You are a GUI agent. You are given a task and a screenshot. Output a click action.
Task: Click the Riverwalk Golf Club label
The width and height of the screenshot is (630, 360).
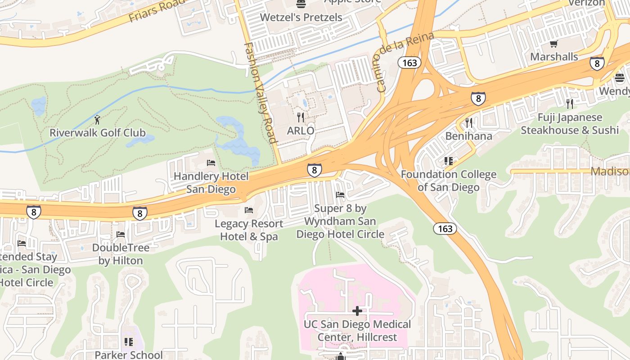pyautogui.click(x=98, y=133)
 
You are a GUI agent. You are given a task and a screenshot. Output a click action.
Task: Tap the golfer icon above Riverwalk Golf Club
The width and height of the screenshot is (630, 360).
pyautogui.click(x=97, y=120)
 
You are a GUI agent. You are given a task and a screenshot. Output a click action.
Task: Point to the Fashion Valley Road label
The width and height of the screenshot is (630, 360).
pyautogui.click(x=260, y=93)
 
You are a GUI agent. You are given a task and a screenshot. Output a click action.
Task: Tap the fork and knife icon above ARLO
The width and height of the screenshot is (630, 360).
pyautogui.click(x=301, y=117)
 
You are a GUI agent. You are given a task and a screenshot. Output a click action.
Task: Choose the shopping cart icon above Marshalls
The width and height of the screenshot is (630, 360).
pyautogui.click(x=554, y=44)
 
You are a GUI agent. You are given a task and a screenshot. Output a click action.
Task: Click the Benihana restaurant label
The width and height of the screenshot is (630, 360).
pyautogui.click(x=468, y=136)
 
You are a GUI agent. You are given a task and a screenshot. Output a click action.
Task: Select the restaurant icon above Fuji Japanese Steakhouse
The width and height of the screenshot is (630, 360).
pyautogui.click(x=570, y=104)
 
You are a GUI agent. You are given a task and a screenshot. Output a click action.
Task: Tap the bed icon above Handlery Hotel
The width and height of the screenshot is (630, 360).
pyautogui.click(x=211, y=162)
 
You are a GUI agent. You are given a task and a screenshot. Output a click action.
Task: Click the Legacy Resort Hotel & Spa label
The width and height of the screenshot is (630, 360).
pyautogui.click(x=249, y=230)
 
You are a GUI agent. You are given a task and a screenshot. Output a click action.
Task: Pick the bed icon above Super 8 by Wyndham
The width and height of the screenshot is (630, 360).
pyautogui.click(x=340, y=195)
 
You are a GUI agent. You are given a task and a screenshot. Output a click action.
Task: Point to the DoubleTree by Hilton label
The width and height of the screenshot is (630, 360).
pyautogui.click(x=121, y=254)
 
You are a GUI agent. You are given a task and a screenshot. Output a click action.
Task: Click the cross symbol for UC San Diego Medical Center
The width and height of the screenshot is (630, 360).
pyautogui.click(x=357, y=311)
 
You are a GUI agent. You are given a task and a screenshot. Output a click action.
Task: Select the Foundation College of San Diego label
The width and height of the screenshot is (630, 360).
pyautogui.click(x=448, y=180)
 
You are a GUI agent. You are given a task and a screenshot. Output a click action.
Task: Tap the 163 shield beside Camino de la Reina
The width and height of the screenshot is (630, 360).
pyautogui.click(x=409, y=63)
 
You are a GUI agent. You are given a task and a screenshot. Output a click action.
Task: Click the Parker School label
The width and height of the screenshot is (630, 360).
pyautogui.click(x=129, y=355)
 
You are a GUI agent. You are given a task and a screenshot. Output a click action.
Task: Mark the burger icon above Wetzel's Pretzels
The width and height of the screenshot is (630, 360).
pyautogui.click(x=301, y=4)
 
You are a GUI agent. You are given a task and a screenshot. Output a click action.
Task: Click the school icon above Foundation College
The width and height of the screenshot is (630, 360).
pyautogui.click(x=448, y=161)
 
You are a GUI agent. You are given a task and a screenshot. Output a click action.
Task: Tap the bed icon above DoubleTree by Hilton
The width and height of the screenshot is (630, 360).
pyautogui.click(x=121, y=234)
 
